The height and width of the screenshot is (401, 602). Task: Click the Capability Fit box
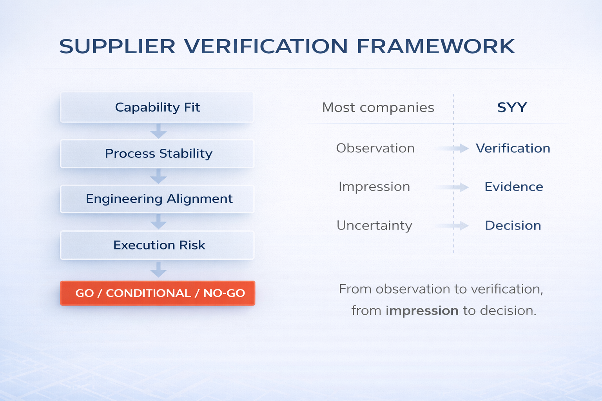click(x=157, y=107)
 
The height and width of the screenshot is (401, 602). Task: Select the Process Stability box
click(x=157, y=154)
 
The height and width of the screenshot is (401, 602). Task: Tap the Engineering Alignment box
click(x=157, y=199)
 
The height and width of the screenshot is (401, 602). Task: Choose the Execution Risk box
click(x=157, y=245)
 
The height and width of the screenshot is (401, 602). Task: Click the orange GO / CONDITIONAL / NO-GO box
click(x=158, y=293)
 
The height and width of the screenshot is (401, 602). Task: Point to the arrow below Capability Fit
click(x=158, y=131)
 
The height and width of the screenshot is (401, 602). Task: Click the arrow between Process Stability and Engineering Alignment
click(x=158, y=177)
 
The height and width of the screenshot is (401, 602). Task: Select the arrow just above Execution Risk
click(x=158, y=222)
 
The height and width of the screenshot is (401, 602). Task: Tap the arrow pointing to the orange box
click(x=158, y=270)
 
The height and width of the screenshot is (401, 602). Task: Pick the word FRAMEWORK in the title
click(x=435, y=46)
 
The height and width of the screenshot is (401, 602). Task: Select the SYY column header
click(x=512, y=107)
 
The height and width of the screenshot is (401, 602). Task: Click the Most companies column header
click(x=378, y=107)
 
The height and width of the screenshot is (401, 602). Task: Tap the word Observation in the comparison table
click(x=375, y=148)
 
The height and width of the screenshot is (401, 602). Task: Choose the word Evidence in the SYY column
click(x=513, y=187)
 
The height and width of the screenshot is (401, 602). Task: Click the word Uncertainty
click(x=374, y=226)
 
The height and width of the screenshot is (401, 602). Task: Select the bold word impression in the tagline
click(x=422, y=311)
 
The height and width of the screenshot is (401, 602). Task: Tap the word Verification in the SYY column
click(x=513, y=148)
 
